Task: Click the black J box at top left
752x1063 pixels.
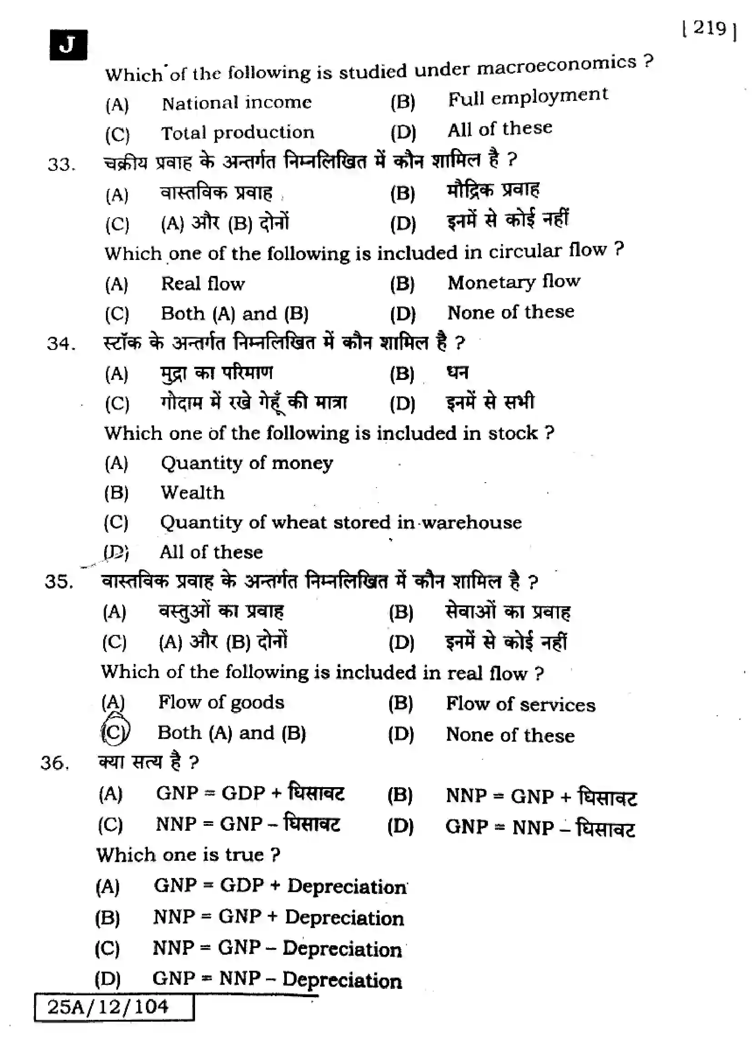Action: pyautogui.click(x=68, y=45)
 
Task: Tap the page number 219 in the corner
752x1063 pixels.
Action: pyautogui.click(x=709, y=29)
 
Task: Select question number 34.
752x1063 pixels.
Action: pyautogui.click(x=60, y=344)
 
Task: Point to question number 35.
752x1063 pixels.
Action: pyautogui.click(x=59, y=582)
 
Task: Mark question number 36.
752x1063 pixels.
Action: pyautogui.click(x=55, y=763)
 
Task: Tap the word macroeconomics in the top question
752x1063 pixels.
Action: pyautogui.click(x=556, y=66)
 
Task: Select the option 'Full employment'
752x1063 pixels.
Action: pyautogui.click(x=527, y=97)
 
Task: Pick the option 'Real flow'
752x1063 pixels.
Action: pyautogui.click(x=203, y=284)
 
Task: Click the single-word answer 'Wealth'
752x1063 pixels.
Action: pyautogui.click(x=193, y=493)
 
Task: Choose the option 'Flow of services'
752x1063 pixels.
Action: pyautogui.click(x=521, y=705)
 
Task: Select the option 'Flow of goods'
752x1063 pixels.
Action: pyautogui.click(x=221, y=702)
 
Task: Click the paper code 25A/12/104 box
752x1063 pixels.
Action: pyautogui.click(x=114, y=1007)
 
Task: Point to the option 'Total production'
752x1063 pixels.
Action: pyautogui.click(x=237, y=133)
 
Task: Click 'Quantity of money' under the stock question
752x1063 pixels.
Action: pyautogui.click(x=247, y=463)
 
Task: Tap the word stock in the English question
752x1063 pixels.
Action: pyautogui.click(x=512, y=434)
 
